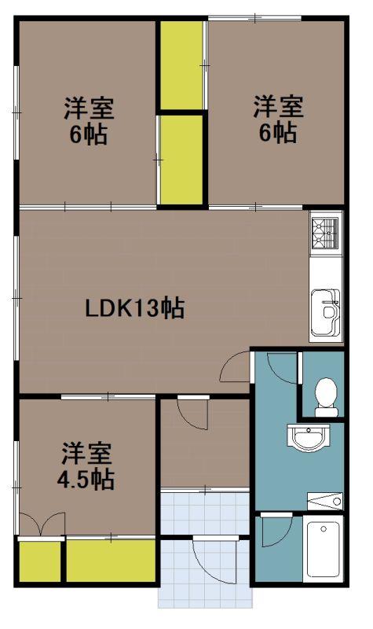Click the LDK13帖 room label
[x=134, y=308]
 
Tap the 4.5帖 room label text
[x=86, y=479]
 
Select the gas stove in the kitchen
[x=325, y=233]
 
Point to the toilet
[x=327, y=397]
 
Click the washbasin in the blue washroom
[x=309, y=438]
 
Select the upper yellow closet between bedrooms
[x=181, y=65]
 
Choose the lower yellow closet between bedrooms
[x=181, y=160]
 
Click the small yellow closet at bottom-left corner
[x=40, y=561]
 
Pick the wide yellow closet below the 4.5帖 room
[x=111, y=561]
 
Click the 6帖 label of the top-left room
[x=89, y=134]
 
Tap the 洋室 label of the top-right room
[x=278, y=106]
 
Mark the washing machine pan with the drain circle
[x=325, y=502]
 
